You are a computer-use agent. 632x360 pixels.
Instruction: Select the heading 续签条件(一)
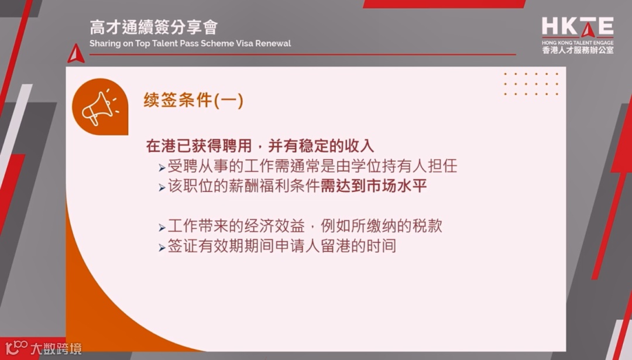click(194, 101)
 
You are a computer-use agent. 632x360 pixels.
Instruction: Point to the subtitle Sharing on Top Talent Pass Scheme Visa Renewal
click(190, 44)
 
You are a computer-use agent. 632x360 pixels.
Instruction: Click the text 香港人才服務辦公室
click(578, 51)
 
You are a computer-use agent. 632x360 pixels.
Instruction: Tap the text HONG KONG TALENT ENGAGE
click(578, 43)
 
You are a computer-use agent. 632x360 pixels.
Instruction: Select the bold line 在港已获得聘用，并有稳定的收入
click(260, 145)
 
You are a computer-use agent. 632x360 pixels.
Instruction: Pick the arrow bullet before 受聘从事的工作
click(162, 167)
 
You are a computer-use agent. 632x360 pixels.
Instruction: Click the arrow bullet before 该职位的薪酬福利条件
click(162, 188)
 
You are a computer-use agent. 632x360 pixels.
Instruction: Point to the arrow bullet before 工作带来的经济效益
click(162, 227)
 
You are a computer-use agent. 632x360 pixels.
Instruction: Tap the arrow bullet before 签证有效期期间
click(162, 248)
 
